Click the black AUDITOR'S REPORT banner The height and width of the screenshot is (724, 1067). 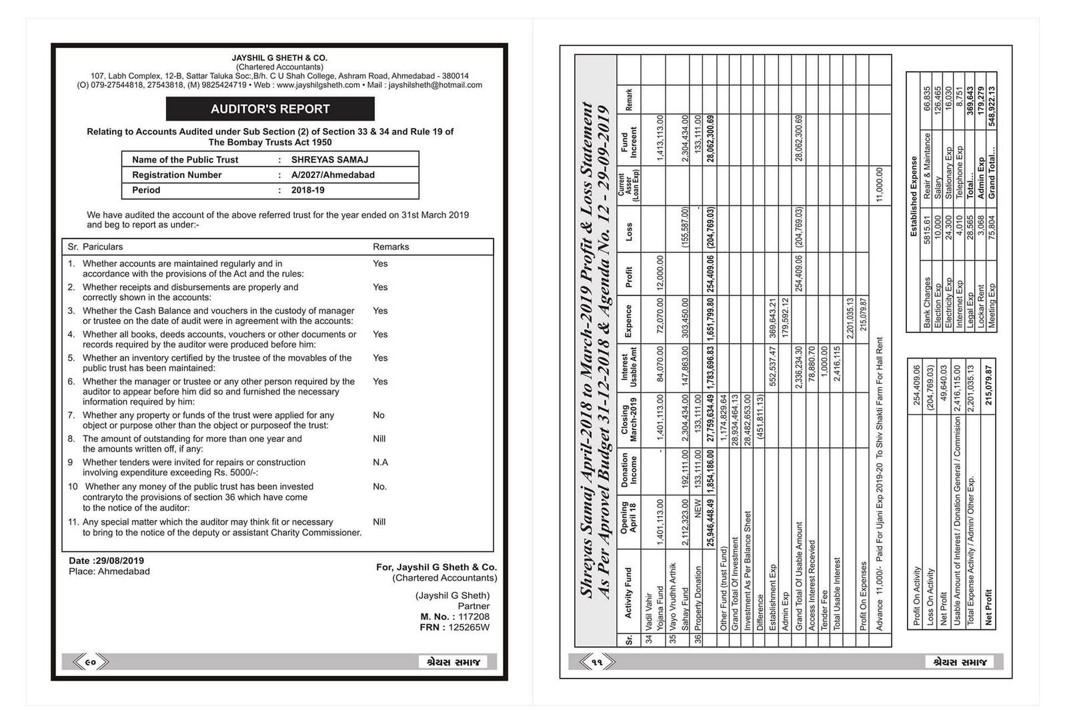pos(270,109)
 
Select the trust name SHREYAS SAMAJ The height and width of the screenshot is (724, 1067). pos(329,160)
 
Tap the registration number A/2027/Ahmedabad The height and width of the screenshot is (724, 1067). pos(333,175)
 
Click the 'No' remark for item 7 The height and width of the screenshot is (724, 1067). pos(379,415)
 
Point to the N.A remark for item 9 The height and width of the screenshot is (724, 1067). pos(380,463)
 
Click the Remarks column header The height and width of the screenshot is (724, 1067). pos(391,247)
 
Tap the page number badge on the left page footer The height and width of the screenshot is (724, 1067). pos(90,662)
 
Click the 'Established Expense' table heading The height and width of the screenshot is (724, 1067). pos(914,196)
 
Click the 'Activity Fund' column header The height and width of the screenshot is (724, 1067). pos(629,593)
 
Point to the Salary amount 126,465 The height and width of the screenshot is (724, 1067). pos(938,101)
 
